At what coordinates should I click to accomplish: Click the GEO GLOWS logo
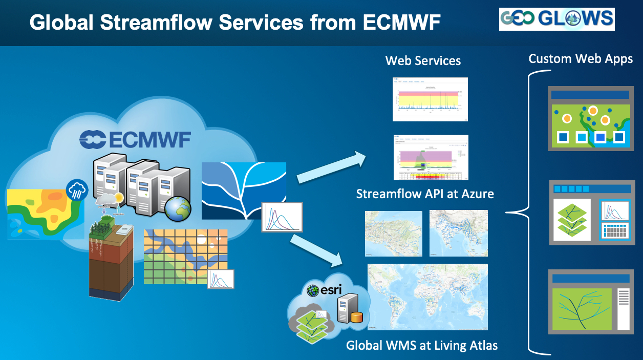(556, 19)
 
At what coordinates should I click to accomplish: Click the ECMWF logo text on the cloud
(135, 139)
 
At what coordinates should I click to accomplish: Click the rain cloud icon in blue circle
(78, 190)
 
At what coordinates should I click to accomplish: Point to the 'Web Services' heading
(423, 61)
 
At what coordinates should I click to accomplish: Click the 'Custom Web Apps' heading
(581, 59)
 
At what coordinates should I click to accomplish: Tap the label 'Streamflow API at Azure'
(425, 194)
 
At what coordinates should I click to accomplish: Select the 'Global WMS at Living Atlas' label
(422, 345)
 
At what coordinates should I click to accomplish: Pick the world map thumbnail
(427, 297)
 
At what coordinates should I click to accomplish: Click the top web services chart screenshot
(430, 99)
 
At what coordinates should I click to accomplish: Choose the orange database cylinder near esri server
(357, 316)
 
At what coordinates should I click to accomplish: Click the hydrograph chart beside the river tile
(282, 217)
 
